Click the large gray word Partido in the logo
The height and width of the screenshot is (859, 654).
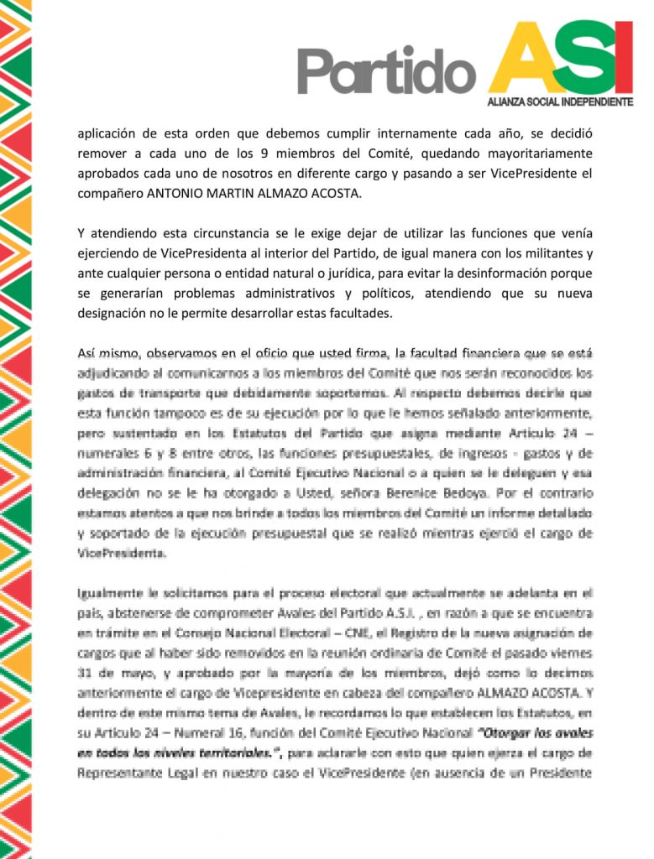pos(387,70)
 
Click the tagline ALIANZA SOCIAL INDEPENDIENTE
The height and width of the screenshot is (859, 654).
pos(560,102)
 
